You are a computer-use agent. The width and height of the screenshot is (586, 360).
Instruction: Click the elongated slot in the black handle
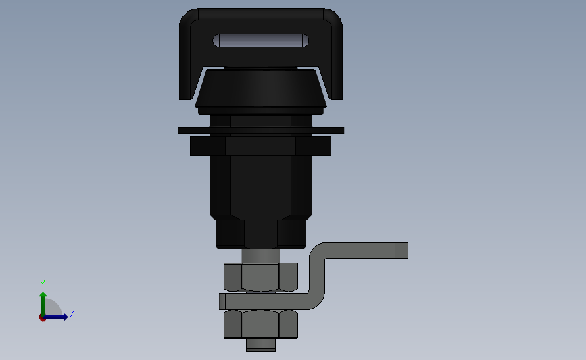click(x=260, y=41)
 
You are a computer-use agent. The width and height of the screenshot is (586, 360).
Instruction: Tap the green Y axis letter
click(x=43, y=284)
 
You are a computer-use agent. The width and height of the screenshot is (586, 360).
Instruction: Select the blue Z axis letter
click(x=72, y=313)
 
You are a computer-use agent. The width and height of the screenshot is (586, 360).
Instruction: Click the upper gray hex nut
click(x=261, y=277)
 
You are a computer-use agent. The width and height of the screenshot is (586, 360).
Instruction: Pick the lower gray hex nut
click(x=261, y=324)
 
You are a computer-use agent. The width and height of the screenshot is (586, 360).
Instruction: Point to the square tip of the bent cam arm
click(x=401, y=251)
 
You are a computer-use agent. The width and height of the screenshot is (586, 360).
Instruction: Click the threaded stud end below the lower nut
click(x=261, y=345)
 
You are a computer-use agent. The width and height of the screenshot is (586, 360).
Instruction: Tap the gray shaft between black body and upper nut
click(x=261, y=256)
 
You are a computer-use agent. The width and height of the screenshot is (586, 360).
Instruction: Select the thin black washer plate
click(x=261, y=130)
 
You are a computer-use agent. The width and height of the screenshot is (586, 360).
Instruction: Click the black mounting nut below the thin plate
click(x=260, y=146)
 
